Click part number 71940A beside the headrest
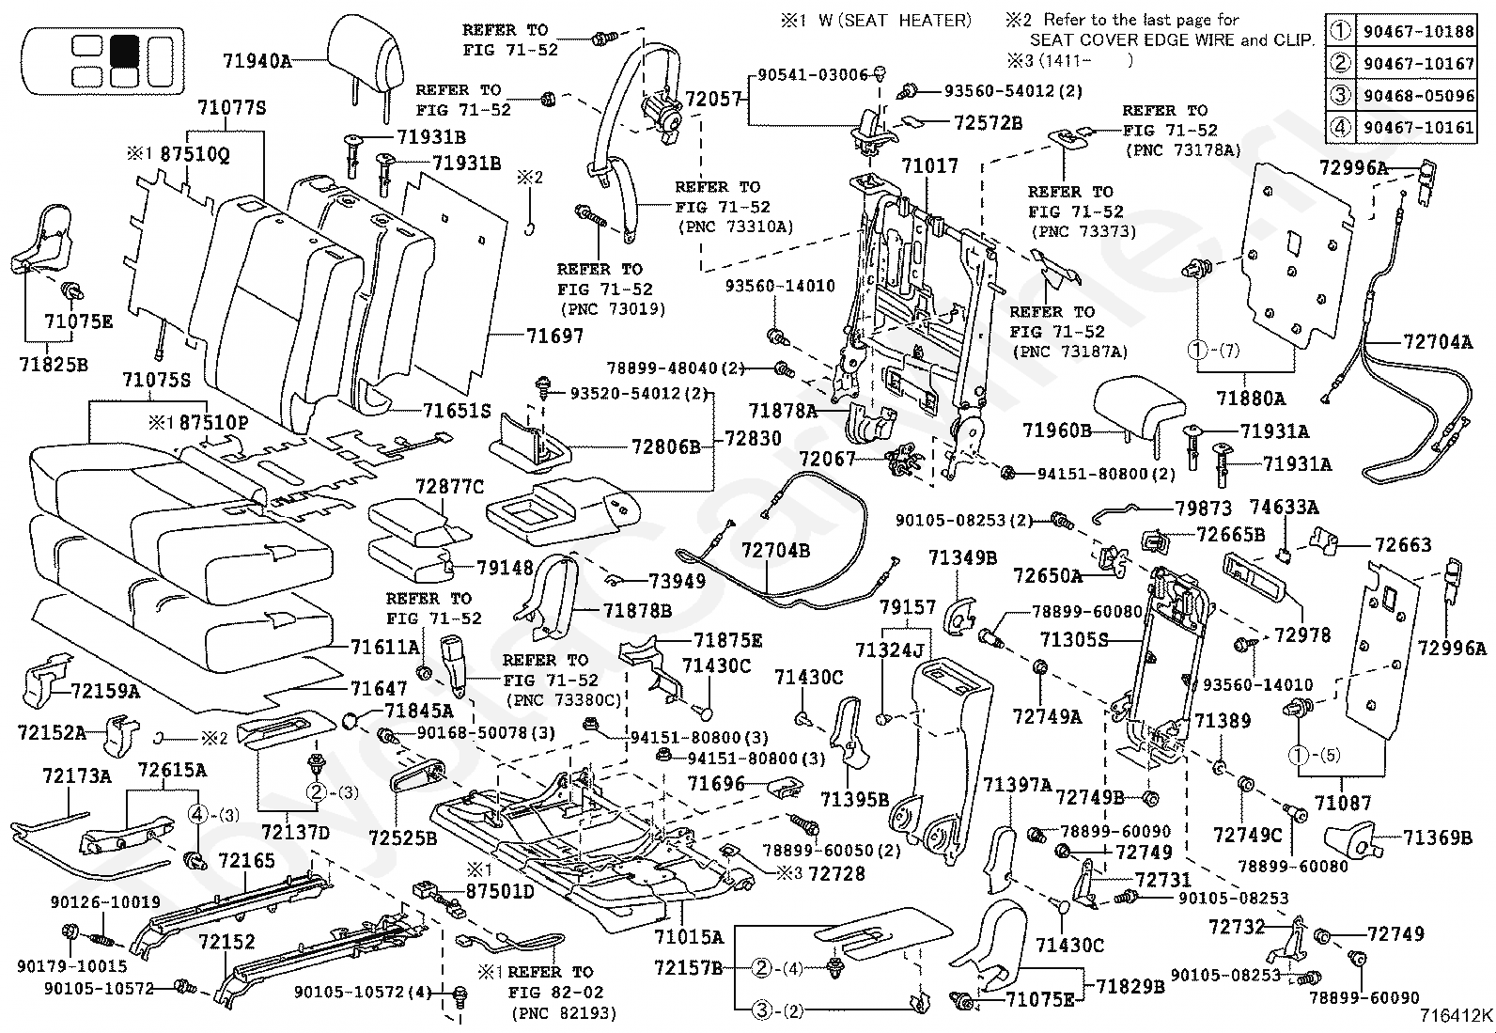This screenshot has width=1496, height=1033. point(257,61)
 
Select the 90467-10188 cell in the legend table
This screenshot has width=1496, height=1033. point(1419,31)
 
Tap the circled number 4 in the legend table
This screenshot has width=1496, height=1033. point(1340,127)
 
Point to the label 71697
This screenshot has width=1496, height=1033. point(554,336)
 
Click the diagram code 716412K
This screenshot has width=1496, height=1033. point(1456,1016)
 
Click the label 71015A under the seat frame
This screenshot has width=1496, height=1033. point(689,937)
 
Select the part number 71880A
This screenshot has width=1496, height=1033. point(1250,399)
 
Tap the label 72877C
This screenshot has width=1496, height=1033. point(449,487)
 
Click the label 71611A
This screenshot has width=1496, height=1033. point(385,647)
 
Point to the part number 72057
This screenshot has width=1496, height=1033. point(713,100)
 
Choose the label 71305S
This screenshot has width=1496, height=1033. point(1074,640)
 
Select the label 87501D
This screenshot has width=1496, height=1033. point(500,891)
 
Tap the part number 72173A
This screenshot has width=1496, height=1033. point(77,775)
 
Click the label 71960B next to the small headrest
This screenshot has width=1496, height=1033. point(1056,430)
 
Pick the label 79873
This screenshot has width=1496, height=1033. point(1204,509)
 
